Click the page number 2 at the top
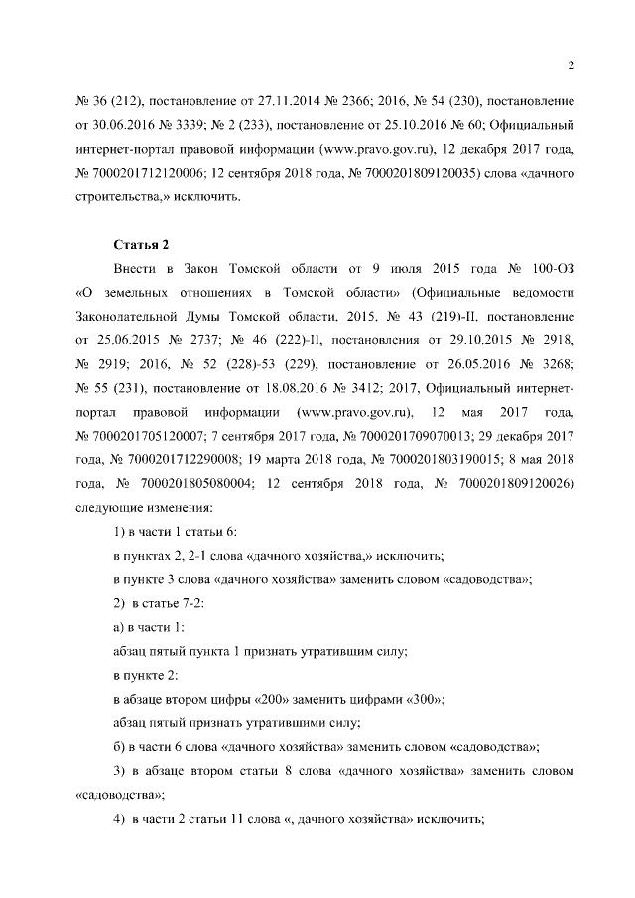point(571,65)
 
